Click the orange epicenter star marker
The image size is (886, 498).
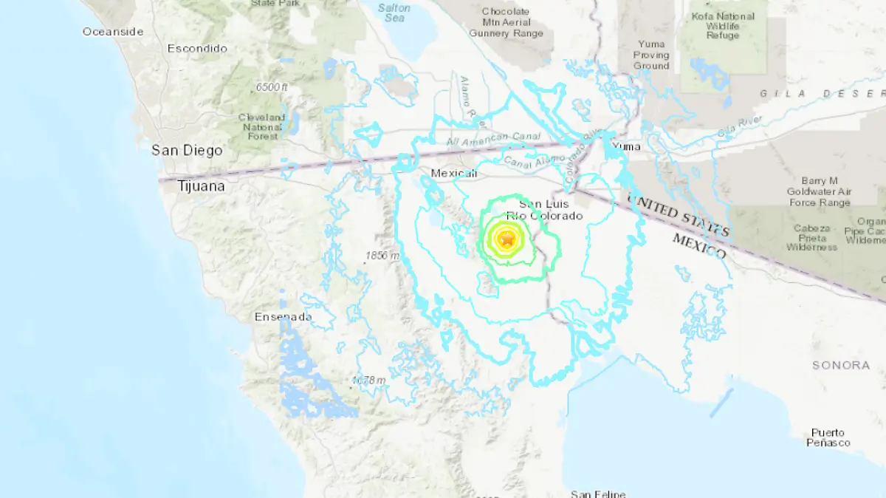pyautogui.click(x=507, y=239)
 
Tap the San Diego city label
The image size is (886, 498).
pyautogui.click(x=187, y=151)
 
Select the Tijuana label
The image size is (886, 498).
pyautogui.click(x=201, y=187)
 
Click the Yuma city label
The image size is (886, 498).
pyautogui.click(x=626, y=146)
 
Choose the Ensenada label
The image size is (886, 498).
pyautogui.click(x=283, y=317)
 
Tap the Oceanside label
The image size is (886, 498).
pyautogui.click(x=113, y=32)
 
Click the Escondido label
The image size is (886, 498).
pyautogui.click(x=197, y=49)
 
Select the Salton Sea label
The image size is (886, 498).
pyautogui.click(x=394, y=13)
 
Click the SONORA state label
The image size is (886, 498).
pyautogui.click(x=841, y=365)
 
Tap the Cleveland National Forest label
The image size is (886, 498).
pyautogui.click(x=262, y=127)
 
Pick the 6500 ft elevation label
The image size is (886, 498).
pyautogui.click(x=272, y=87)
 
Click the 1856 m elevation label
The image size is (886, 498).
pyautogui.click(x=382, y=256)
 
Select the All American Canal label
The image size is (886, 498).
pyautogui.click(x=493, y=139)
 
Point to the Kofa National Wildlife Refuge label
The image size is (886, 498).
pyautogui.click(x=722, y=26)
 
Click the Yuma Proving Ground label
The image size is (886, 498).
pyautogui.click(x=651, y=55)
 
